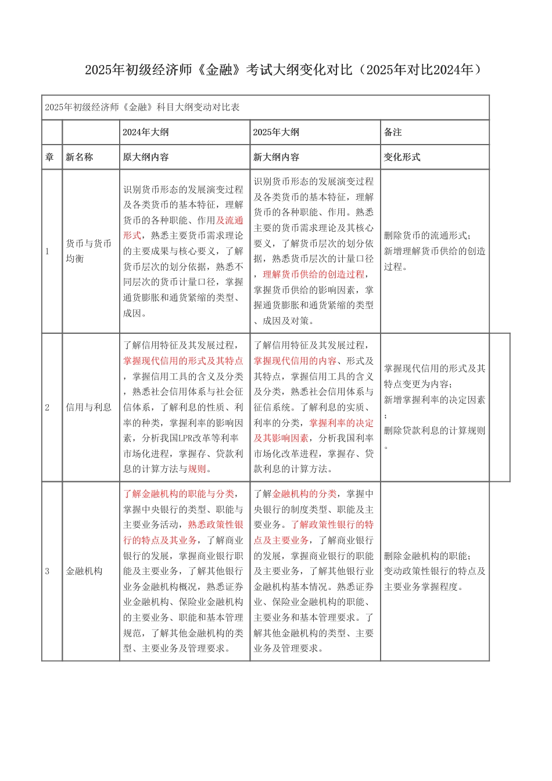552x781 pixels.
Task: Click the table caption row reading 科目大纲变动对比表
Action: (142, 107)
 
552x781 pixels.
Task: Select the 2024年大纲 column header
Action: (146, 132)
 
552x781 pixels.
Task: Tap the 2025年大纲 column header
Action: (276, 132)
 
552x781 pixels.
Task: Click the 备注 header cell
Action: (393, 132)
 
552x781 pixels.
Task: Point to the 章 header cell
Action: (49, 157)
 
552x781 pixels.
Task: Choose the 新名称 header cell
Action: (79, 157)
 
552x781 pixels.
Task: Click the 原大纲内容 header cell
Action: (146, 157)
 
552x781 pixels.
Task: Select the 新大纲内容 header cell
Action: (276, 157)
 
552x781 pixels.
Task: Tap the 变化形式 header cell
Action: (402, 157)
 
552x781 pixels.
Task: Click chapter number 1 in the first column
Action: (48, 251)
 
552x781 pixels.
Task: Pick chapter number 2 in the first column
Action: (48, 407)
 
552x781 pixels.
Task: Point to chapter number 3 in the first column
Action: (48, 571)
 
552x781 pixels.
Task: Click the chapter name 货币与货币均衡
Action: (88, 251)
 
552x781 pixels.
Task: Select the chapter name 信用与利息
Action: (88, 407)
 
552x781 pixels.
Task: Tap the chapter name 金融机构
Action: (84, 571)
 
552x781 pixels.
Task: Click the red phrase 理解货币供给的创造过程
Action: (314, 274)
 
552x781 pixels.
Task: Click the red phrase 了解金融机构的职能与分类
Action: (178, 494)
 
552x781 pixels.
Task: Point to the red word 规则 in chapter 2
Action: (197, 469)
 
